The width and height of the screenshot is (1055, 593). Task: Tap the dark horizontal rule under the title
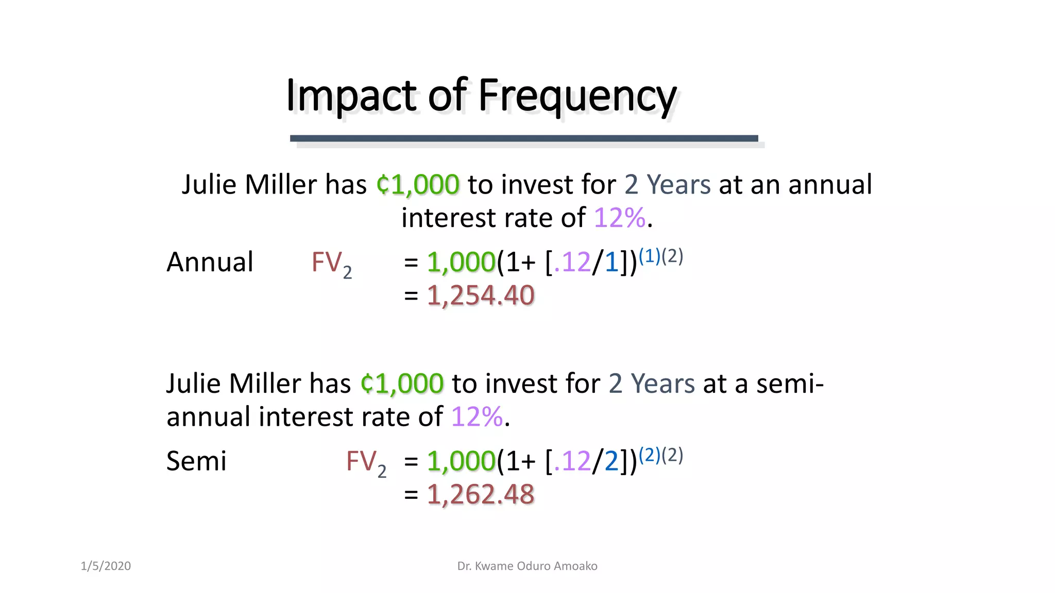point(524,138)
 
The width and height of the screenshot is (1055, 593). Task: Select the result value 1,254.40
point(481,295)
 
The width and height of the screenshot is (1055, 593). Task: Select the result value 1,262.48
point(481,494)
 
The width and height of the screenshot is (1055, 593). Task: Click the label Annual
point(210,262)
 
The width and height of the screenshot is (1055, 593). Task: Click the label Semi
point(196,461)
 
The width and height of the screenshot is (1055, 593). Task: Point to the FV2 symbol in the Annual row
point(332,264)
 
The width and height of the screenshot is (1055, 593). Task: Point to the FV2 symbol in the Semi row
point(366,462)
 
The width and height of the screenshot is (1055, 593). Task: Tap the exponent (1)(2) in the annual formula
point(660,256)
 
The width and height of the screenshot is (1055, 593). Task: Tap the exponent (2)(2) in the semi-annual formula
point(660,455)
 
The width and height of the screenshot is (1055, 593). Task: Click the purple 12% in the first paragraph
point(619,218)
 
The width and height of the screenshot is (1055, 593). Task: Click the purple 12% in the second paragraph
point(477,416)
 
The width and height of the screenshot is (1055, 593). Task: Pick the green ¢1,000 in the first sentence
point(418,185)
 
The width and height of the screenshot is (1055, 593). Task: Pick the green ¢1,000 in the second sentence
point(402,383)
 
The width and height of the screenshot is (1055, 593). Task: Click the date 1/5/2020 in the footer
point(106,566)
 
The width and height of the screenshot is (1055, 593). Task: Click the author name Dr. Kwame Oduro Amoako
point(527,566)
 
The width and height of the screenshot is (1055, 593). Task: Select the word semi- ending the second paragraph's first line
point(790,383)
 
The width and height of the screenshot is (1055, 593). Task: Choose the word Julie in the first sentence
point(209,185)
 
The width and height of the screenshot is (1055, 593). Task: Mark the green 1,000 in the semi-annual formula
point(461,461)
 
